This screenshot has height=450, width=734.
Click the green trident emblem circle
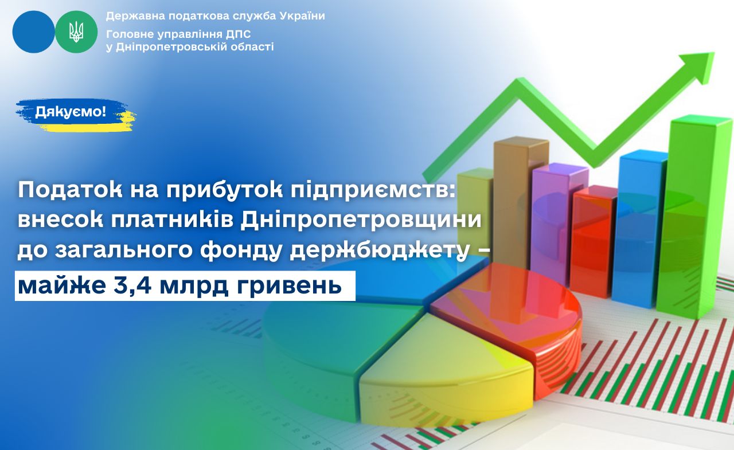76,32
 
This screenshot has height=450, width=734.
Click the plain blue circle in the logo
34,32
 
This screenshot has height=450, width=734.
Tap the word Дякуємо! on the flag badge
71,112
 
